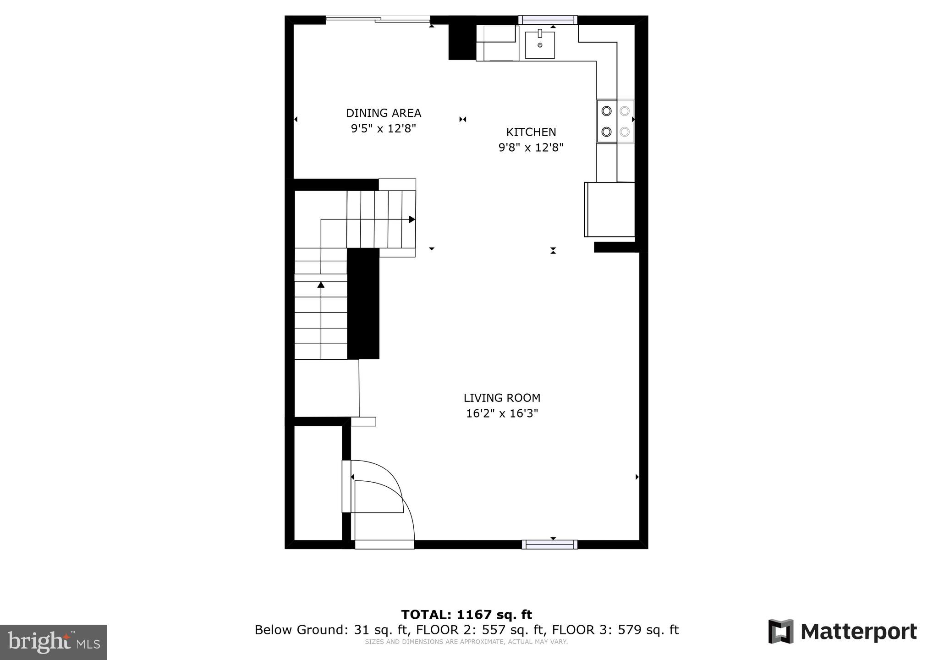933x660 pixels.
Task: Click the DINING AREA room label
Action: pyautogui.click(x=383, y=113)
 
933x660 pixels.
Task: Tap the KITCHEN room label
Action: pyautogui.click(x=531, y=132)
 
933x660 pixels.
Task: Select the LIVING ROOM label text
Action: pyautogui.click(x=502, y=398)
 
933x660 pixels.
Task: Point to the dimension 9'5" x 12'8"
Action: pyautogui.click(x=383, y=128)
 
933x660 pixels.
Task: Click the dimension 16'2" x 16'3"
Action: pyautogui.click(x=502, y=413)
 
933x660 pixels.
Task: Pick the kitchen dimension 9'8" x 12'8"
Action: pyautogui.click(x=531, y=148)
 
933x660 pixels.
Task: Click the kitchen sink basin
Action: pyautogui.click(x=540, y=45)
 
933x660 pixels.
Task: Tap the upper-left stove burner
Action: pyautogui.click(x=606, y=111)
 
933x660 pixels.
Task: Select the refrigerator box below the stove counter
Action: pyautogui.click(x=609, y=209)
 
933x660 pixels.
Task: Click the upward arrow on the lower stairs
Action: pyautogui.click(x=321, y=285)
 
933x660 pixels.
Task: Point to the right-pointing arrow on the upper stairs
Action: pyautogui.click(x=412, y=220)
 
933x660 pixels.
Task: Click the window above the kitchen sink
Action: pyautogui.click(x=548, y=20)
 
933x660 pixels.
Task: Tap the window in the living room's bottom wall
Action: pyautogui.click(x=549, y=544)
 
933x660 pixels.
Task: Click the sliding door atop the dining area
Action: pyautogui.click(x=378, y=19)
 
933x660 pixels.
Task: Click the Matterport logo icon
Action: pyautogui.click(x=781, y=631)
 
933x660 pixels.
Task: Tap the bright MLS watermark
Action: pyautogui.click(x=54, y=642)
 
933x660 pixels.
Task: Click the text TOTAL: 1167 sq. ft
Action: pyautogui.click(x=466, y=615)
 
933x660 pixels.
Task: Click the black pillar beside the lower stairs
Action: pyautogui.click(x=363, y=303)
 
